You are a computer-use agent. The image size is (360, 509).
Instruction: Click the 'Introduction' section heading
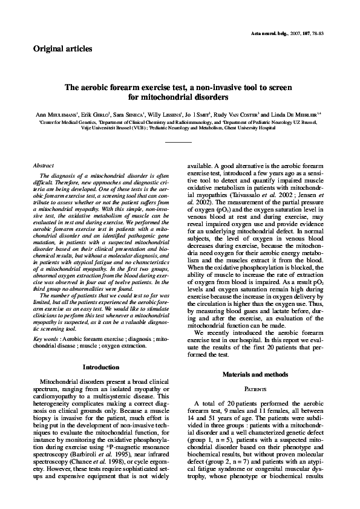pos(102,367)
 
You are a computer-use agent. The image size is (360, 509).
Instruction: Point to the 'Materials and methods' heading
pos(257,375)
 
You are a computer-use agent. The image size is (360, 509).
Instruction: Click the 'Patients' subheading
pos(257,390)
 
